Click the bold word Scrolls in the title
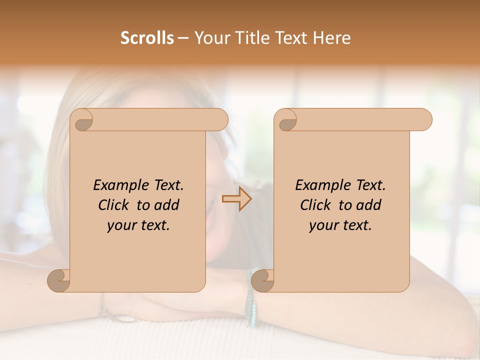tap(147, 38)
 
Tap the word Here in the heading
tap(332, 38)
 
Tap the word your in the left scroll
tap(121, 225)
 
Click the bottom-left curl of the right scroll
tap(262, 280)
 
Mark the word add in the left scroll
tap(167, 205)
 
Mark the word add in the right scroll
tap(369, 205)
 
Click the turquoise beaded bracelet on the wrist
tap(251, 300)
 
